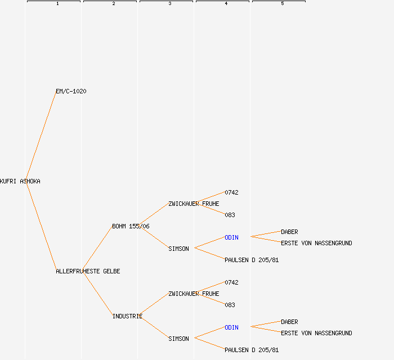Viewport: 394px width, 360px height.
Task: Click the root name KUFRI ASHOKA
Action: pyautogui.click(x=20, y=182)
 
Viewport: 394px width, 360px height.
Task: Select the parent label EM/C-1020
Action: pyautogui.click(x=71, y=91)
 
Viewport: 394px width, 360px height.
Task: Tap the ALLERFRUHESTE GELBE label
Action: pyautogui.click(x=88, y=271)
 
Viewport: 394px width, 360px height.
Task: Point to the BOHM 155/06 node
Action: pyautogui.click(x=131, y=226)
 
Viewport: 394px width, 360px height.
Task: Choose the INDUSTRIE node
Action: pyautogui.click(x=127, y=316)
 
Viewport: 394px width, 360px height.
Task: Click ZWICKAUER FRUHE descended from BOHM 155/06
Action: pyautogui.click(x=194, y=204)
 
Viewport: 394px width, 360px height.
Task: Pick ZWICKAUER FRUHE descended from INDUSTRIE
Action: pyautogui.click(x=194, y=294)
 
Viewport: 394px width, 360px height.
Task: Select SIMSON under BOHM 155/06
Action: pyautogui.click(x=178, y=249)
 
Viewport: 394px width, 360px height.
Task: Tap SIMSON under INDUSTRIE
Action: pyautogui.click(x=178, y=339)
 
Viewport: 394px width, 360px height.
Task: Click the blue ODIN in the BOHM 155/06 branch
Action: pyautogui.click(x=231, y=237)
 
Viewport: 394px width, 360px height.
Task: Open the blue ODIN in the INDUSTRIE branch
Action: pyautogui.click(x=231, y=327)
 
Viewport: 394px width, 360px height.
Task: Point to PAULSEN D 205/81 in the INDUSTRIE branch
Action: pyautogui.click(x=252, y=350)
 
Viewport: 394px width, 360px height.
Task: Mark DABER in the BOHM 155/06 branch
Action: pyautogui.click(x=289, y=232)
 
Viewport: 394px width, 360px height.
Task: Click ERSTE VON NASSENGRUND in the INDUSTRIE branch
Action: pyautogui.click(x=316, y=333)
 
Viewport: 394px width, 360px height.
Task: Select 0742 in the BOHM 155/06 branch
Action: pyautogui.click(x=231, y=192)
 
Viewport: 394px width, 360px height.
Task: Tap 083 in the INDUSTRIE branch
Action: pyautogui.click(x=230, y=305)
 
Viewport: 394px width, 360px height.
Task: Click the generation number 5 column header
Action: pyautogui.click(x=282, y=4)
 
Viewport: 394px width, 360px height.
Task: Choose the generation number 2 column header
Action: pyautogui.click(x=113, y=4)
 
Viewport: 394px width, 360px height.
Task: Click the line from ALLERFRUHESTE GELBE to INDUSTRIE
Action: pyautogui.click(x=97, y=293)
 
